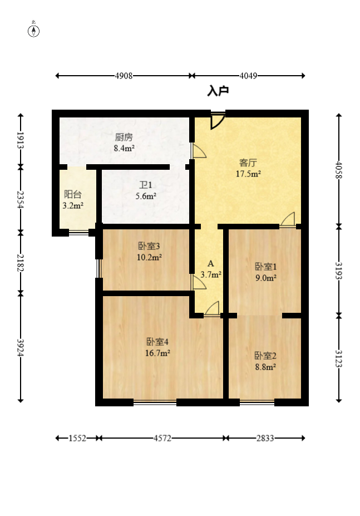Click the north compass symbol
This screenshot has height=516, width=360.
(x=33, y=31)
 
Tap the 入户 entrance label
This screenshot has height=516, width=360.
(x=218, y=91)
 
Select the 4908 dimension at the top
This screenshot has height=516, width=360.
(x=124, y=76)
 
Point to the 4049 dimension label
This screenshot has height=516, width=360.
(x=248, y=76)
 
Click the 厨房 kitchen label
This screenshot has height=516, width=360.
(x=124, y=137)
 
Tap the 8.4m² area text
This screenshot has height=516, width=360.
(x=124, y=148)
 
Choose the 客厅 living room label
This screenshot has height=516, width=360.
(x=248, y=163)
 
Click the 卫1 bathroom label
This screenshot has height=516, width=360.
(x=146, y=185)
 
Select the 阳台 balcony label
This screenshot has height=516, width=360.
(x=73, y=194)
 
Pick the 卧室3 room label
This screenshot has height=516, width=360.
(x=149, y=246)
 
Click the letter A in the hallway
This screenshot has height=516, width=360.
(x=211, y=264)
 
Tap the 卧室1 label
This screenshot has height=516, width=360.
(x=266, y=267)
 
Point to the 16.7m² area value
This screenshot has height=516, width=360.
(x=157, y=353)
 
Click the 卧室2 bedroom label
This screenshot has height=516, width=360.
(x=265, y=355)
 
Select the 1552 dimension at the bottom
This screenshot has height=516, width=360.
(x=77, y=438)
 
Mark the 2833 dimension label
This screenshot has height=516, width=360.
(x=265, y=438)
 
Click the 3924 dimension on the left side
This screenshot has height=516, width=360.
(x=21, y=347)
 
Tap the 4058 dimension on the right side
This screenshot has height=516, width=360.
(x=339, y=170)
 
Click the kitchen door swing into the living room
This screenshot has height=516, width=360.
(x=199, y=151)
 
